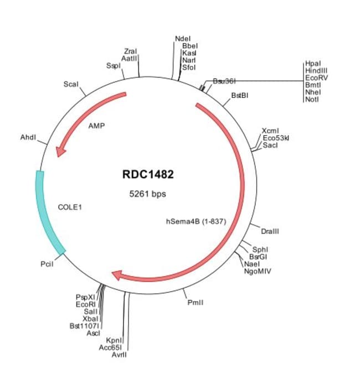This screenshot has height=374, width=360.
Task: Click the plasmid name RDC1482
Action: [x=148, y=175]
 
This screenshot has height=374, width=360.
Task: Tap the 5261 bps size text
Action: [x=147, y=194]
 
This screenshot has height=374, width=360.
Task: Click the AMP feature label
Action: [x=96, y=126]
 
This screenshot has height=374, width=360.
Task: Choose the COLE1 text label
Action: [x=70, y=207]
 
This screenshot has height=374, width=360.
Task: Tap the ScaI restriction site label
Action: [x=71, y=85]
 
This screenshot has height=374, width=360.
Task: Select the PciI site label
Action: [x=47, y=265]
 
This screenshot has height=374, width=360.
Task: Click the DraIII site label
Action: [x=270, y=231]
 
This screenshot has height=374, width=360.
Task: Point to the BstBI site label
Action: [x=240, y=95]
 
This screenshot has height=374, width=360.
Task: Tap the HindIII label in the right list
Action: [x=316, y=71]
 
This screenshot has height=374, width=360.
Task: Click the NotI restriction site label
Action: [x=312, y=99]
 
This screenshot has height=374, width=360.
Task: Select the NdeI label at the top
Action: [x=183, y=39]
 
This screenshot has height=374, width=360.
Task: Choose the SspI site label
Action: [x=112, y=65]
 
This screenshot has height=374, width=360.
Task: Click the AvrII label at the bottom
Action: [x=119, y=355]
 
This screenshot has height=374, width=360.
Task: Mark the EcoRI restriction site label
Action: [x=86, y=304]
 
